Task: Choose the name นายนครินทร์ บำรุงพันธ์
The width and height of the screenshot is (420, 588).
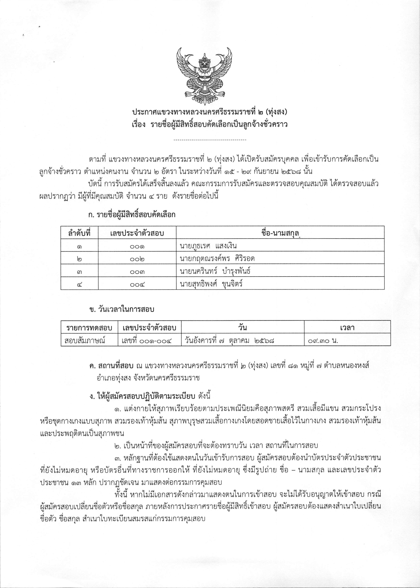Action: point(215,271)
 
